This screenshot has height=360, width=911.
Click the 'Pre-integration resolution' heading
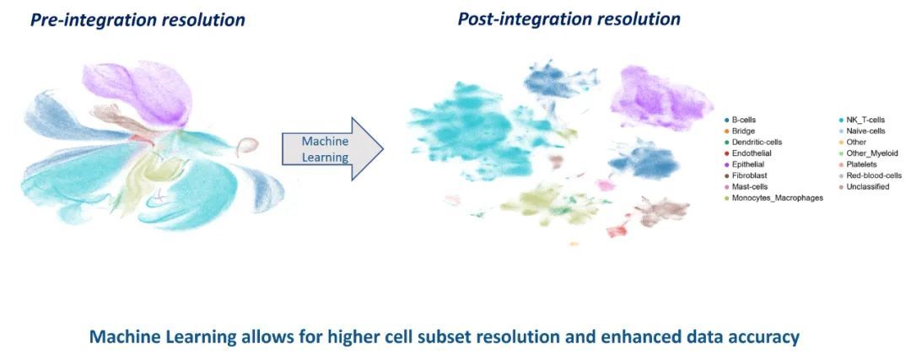(137, 20)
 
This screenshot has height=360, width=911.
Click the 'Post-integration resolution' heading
(569, 19)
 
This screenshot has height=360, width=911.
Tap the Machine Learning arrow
(329, 149)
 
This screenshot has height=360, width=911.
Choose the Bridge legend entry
(742, 132)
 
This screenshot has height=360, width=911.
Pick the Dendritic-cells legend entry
(756, 142)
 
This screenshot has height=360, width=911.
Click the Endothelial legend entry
(751, 153)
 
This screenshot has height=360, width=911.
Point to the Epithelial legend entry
(750, 164)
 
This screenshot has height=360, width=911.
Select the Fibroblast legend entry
(750, 175)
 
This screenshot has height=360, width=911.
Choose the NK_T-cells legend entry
(865, 121)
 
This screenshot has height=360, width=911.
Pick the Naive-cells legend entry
(865, 132)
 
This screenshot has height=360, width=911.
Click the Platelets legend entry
(862, 164)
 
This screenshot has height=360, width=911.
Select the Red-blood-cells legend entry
(873, 175)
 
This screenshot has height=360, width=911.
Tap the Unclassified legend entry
(867, 186)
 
